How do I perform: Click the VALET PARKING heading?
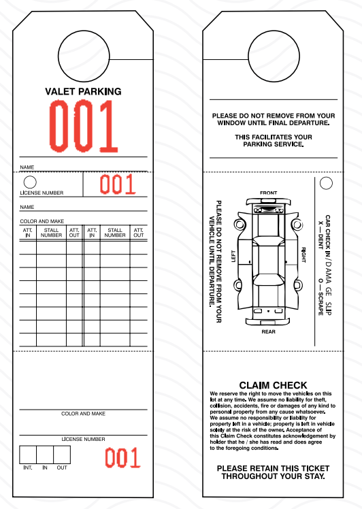[83, 91]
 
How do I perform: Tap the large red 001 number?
[82, 127]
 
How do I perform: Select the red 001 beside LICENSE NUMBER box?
[118, 184]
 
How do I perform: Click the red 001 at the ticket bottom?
[122, 458]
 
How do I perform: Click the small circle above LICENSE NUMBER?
[30, 182]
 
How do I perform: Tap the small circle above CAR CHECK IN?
[326, 183]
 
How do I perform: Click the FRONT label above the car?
[269, 193]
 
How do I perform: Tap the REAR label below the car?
[269, 331]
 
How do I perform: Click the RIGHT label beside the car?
[304, 256]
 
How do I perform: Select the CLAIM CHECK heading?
[273, 385]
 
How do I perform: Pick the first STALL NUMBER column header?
[52, 233]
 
